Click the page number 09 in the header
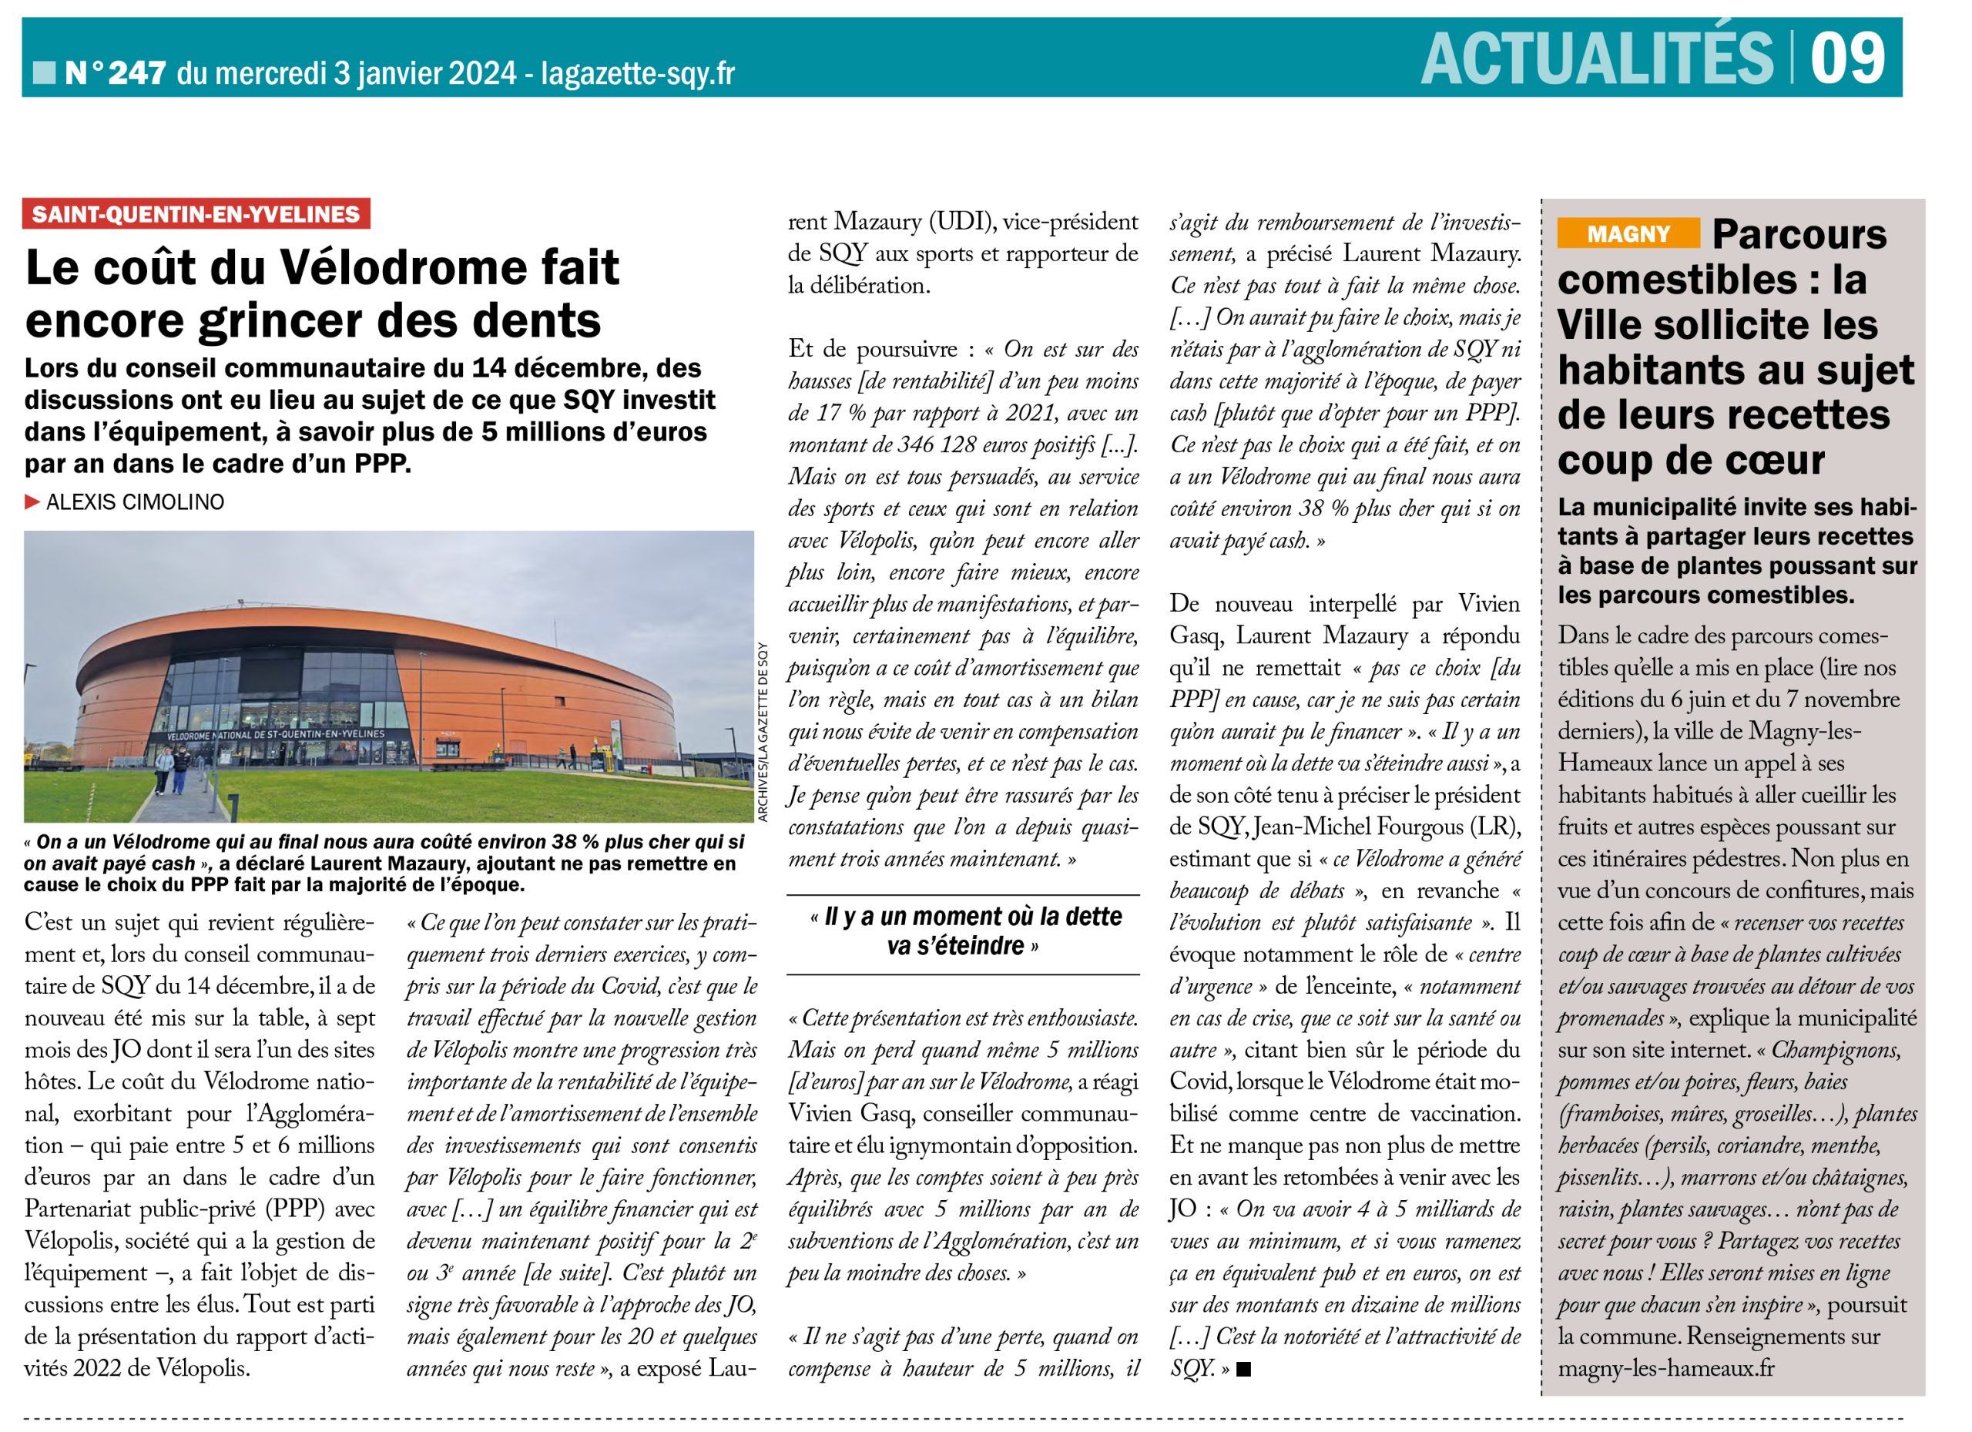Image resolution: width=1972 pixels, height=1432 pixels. pyautogui.click(x=1846, y=57)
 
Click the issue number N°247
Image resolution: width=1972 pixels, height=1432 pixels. pyautogui.click(x=116, y=73)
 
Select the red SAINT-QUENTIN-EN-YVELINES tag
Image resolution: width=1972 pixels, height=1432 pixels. pyautogui.click(x=196, y=214)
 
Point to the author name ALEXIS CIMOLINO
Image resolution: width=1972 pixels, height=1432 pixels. pyautogui.click(x=135, y=502)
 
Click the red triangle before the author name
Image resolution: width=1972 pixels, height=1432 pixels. pyautogui.click(x=33, y=501)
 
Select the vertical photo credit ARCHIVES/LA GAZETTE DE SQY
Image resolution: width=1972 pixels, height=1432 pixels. pyautogui.click(x=763, y=731)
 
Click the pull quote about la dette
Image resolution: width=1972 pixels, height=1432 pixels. pyautogui.click(x=963, y=931)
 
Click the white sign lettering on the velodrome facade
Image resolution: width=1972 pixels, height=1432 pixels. pyautogui.click(x=275, y=735)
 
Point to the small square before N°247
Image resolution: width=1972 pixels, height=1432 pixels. pyautogui.click(x=43, y=72)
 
